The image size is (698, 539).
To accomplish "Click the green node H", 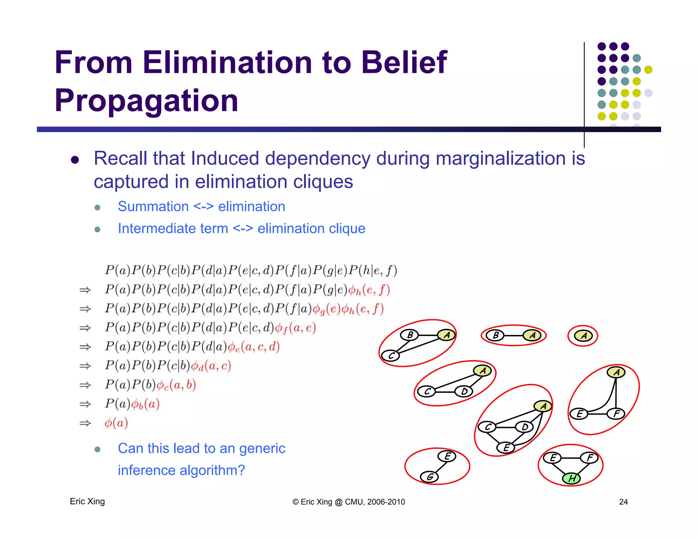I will (x=571, y=478).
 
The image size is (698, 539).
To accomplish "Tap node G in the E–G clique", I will (x=429, y=477).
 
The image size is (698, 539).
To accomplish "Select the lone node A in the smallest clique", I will (x=583, y=336).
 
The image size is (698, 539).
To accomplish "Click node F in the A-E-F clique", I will (x=616, y=414).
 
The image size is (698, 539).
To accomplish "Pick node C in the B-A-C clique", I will (x=391, y=356).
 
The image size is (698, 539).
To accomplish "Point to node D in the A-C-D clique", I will (x=464, y=391).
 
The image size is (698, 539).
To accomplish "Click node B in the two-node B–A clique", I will (x=495, y=336).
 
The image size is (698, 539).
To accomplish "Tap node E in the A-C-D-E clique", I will (x=506, y=447).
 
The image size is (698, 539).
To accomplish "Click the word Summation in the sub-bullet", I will (x=153, y=206).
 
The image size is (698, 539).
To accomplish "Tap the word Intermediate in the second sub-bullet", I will (x=173, y=228).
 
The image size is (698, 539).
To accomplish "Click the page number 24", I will (x=623, y=502).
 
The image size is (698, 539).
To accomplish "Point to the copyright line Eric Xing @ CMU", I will (x=349, y=502).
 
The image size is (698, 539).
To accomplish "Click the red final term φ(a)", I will (x=116, y=423).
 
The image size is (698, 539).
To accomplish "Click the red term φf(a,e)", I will (x=295, y=328).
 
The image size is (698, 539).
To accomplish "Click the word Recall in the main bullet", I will (x=121, y=158).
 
